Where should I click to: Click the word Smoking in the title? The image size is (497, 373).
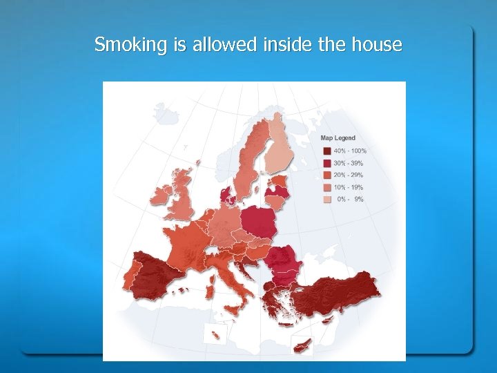click(x=121, y=46)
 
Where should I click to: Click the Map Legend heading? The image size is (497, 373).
click(x=338, y=138)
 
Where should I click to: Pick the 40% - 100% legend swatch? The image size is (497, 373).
click(x=326, y=151)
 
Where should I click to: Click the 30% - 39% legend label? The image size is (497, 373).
click(x=349, y=163)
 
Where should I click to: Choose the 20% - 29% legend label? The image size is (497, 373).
click(x=349, y=175)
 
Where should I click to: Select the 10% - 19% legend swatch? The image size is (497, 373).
click(x=326, y=188)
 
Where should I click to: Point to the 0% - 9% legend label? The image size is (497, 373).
click(x=349, y=200)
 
